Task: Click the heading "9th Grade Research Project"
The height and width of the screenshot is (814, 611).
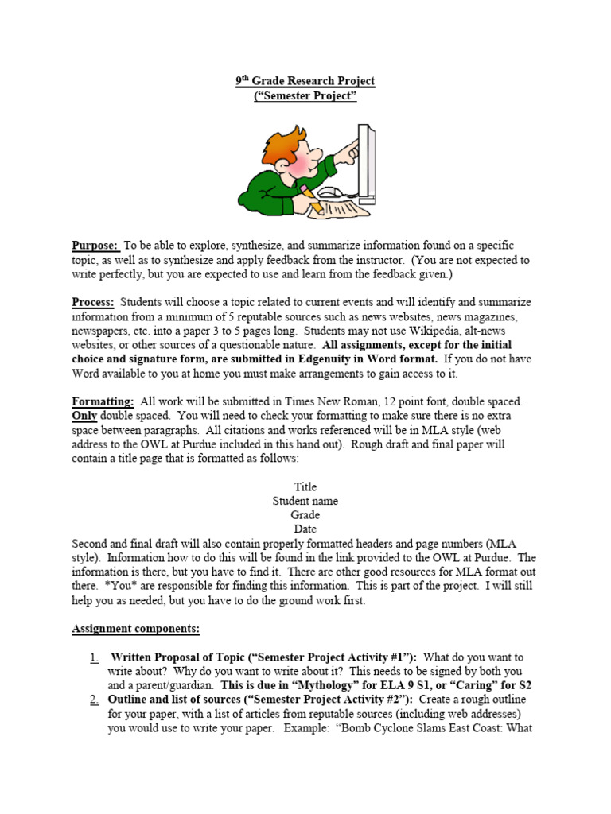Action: click(305, 81)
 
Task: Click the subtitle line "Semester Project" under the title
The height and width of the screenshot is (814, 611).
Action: click(305, 96)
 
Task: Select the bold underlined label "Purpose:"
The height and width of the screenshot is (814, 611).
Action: click(95, 246)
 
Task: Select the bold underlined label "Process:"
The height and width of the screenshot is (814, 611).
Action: click(93, 303)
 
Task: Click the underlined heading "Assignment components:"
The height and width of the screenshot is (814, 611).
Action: click(135, 629)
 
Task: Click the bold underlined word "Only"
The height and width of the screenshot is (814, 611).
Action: click(84, 417)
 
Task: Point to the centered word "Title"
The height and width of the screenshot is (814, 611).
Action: click(305, 486)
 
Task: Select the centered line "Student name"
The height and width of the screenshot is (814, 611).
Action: click(305, 501)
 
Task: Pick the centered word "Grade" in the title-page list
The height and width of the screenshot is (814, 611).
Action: click(305, 515)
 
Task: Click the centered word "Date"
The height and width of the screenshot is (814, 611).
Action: click(305, 529)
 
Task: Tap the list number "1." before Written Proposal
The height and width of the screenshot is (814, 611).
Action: click(94, 657)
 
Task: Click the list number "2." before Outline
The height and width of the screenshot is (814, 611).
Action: click(94, 700)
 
